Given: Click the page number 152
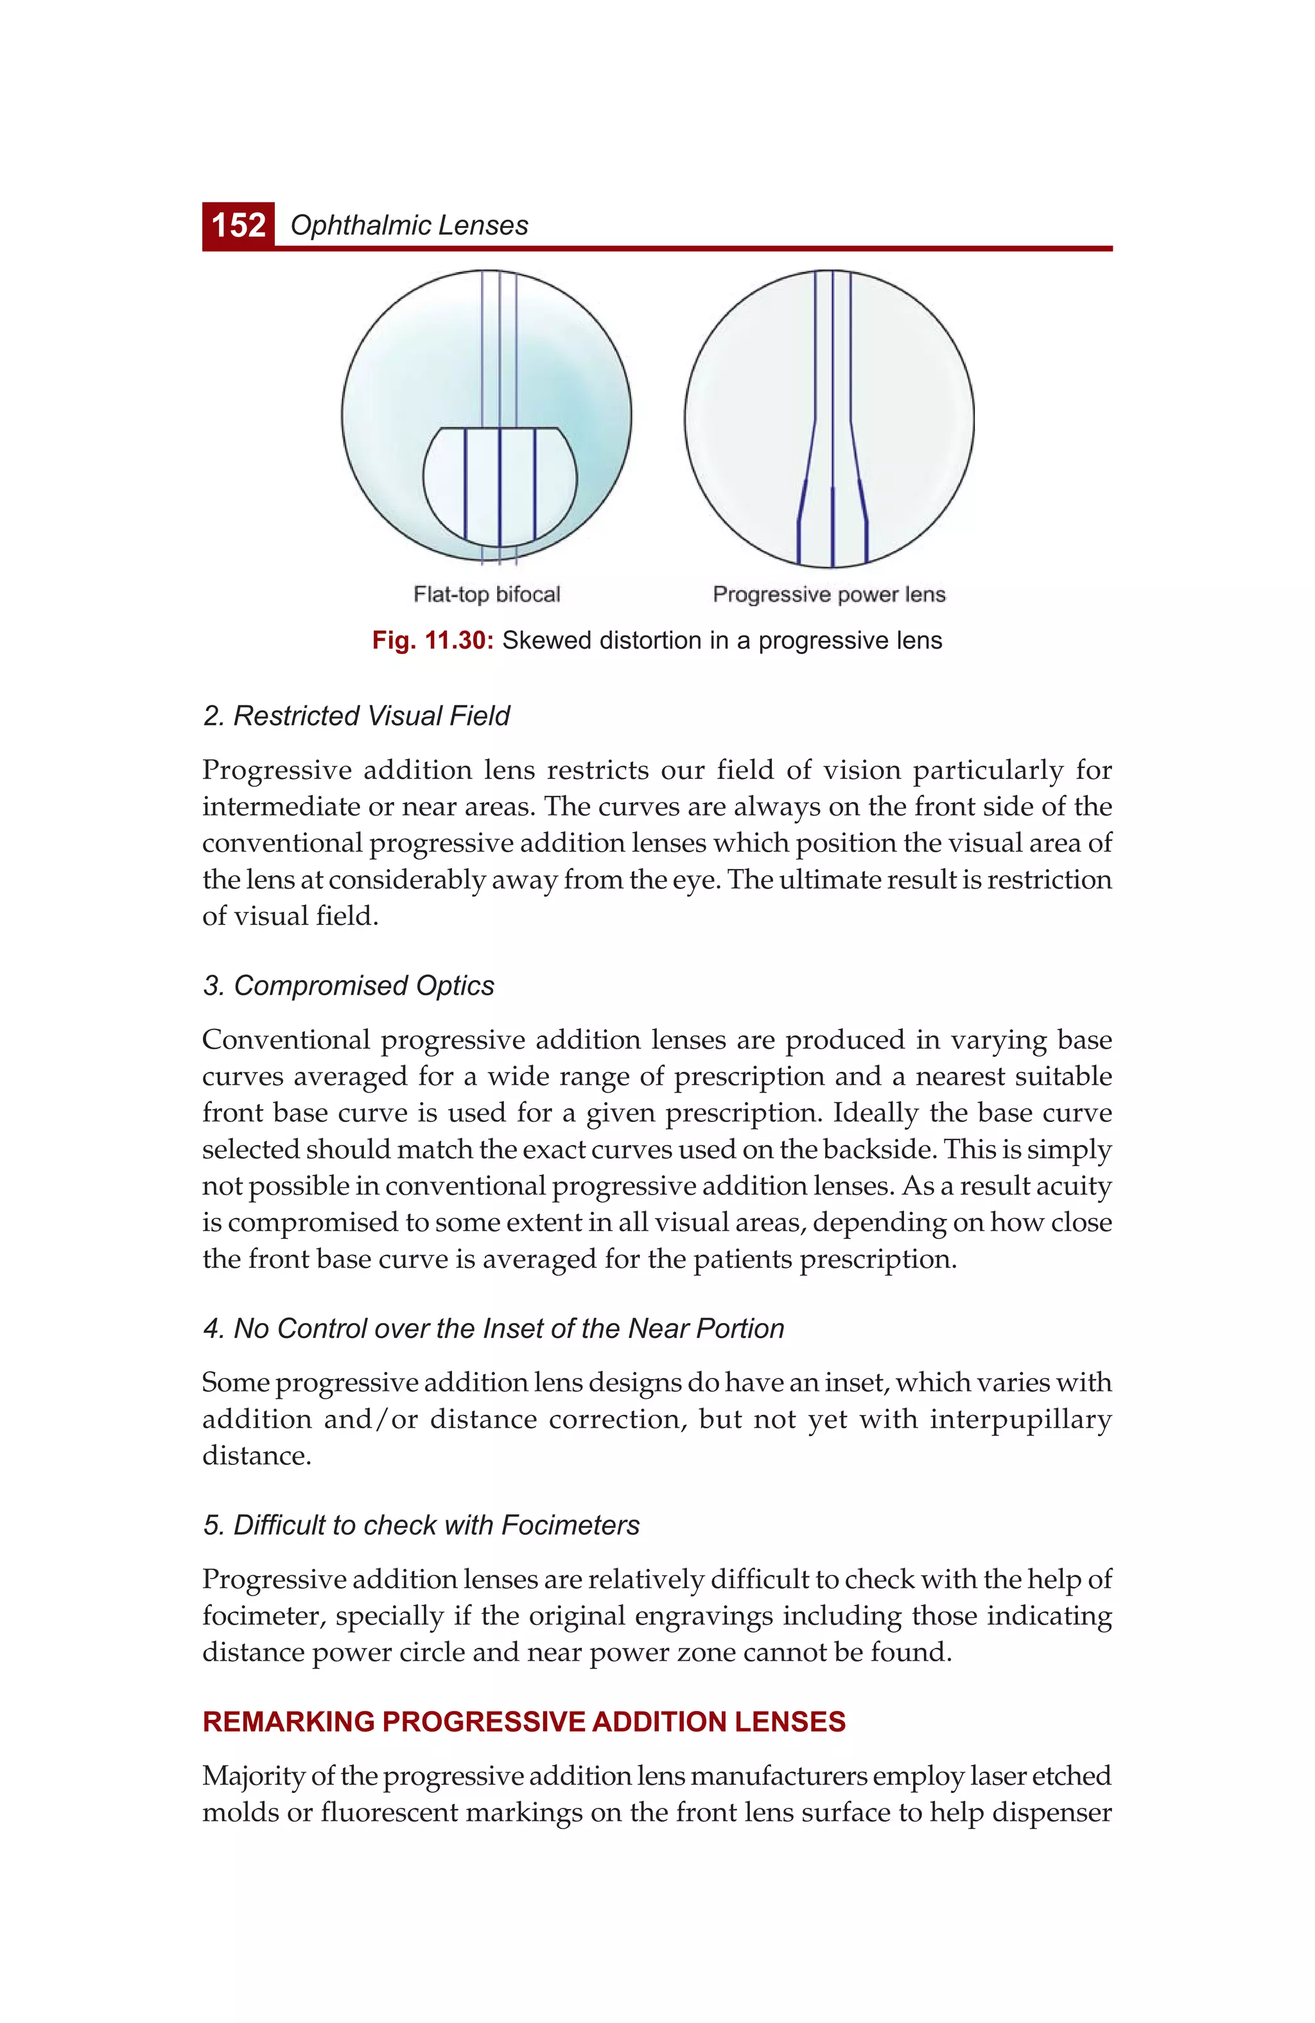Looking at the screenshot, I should click(238, 225).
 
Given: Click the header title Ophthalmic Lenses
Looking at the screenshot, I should click(409, 225).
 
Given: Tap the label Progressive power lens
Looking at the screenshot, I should click(829, 594).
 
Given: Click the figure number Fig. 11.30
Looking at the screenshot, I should click(433, 641).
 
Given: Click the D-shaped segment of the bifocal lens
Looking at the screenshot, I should click(500, 489).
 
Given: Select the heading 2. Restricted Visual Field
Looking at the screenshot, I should click(356, 715).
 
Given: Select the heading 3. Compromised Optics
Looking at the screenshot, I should click(349, 985).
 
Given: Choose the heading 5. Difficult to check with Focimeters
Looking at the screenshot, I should click(421, 1525).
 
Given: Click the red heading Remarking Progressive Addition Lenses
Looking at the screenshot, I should click(523, 1722).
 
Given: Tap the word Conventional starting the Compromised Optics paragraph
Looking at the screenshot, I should click(286, 1040).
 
